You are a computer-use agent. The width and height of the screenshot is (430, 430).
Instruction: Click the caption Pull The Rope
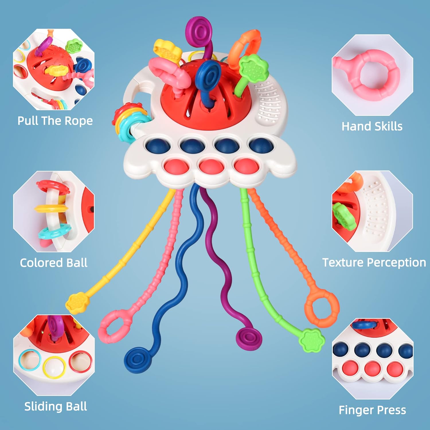[55, 121]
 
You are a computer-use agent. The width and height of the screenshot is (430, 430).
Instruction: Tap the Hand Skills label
[372, 126]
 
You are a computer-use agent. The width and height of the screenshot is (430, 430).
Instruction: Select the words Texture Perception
[374, 263]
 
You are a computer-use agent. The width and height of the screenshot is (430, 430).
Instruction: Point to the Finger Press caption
[372, 410]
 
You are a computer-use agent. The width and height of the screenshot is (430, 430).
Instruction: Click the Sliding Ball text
[56, 406]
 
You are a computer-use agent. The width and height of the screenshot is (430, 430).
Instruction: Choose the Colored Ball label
[54, 263]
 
